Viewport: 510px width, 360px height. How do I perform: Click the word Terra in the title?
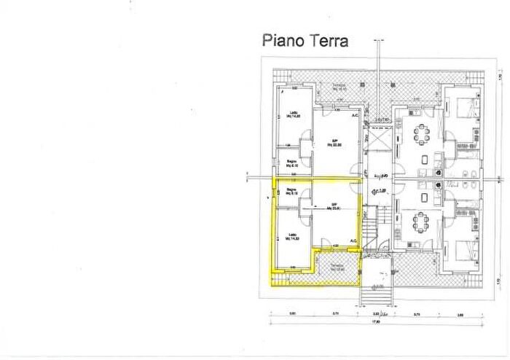327,40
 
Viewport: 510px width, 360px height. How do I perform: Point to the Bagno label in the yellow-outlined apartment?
289,192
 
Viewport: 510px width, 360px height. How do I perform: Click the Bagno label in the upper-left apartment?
289,163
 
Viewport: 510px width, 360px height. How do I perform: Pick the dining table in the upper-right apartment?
420,133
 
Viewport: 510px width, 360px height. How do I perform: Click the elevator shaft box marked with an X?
379,139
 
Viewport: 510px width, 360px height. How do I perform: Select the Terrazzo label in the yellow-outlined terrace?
336,267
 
